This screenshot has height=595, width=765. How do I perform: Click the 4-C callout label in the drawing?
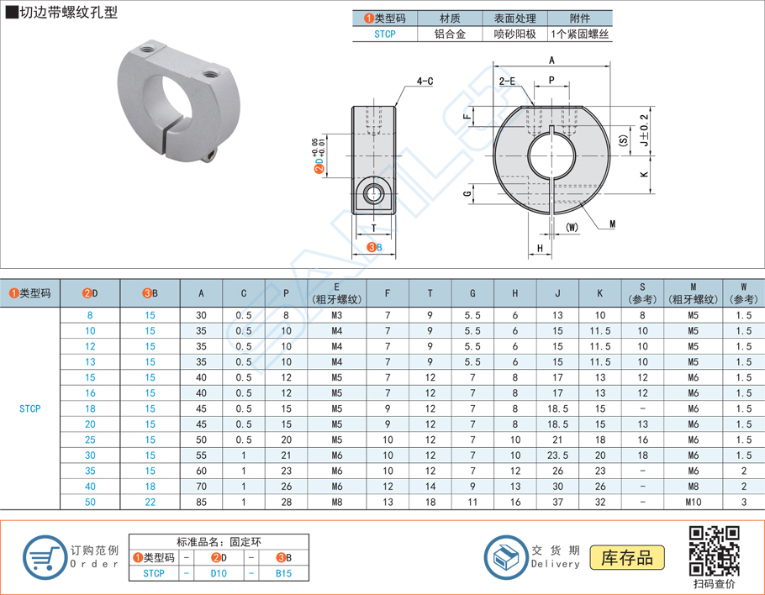pos(424,82)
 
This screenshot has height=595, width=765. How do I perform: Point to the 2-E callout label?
pos(507,82)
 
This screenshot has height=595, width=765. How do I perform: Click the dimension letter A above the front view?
pos(551,61)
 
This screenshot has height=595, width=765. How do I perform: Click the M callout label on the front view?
pos(612,224)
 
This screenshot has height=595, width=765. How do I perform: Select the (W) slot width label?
pos(573,227)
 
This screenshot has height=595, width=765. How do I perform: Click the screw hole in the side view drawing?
pos(372,194)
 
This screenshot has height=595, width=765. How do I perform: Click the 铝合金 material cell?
pos(451,34)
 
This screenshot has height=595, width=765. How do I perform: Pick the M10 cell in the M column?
pos(693,502)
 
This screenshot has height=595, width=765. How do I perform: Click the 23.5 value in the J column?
pos(557,455)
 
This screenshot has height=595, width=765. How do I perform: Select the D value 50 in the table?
pos(91,502)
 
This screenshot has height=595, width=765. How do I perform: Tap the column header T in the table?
pos(430,293)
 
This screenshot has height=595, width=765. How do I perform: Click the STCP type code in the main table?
pos(30,408)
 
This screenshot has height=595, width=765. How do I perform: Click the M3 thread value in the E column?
pos(336,315)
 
